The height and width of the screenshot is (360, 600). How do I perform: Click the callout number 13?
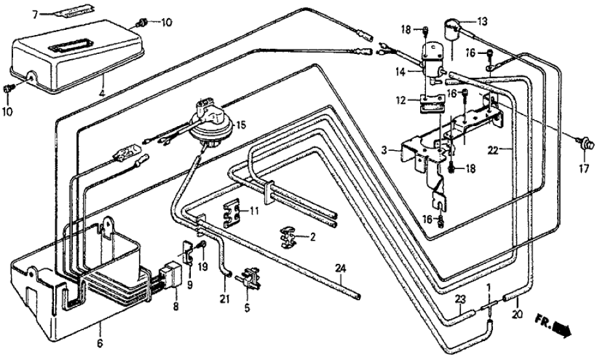481,21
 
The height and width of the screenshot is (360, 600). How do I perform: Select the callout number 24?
340,268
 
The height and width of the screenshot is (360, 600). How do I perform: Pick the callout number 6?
100,326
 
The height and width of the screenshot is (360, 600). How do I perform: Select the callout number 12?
403,101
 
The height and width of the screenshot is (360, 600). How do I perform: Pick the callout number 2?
312,238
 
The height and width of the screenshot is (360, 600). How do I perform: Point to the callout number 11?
255,211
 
